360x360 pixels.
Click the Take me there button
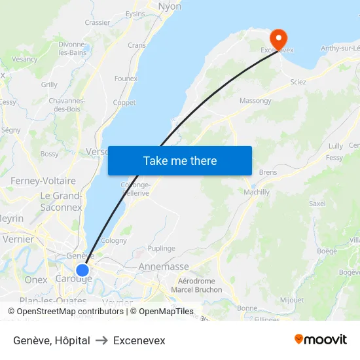180,161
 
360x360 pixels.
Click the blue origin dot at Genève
82,270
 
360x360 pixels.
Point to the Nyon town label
170,7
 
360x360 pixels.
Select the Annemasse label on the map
164,267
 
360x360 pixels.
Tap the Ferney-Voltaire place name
43,181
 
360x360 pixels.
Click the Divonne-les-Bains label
73,48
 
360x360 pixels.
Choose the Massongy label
255,101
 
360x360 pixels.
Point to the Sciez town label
298,82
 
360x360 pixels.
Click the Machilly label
257,192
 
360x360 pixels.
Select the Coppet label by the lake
124,103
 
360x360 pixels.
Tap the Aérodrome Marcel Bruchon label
196,285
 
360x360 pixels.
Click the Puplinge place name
162,249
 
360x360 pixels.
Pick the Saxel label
317,204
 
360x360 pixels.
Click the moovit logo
321,340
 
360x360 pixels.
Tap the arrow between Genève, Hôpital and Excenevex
101,341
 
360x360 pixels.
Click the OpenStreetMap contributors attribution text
66,312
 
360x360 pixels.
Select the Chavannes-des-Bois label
67,105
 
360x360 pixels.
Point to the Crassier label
98,22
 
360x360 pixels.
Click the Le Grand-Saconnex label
61,202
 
